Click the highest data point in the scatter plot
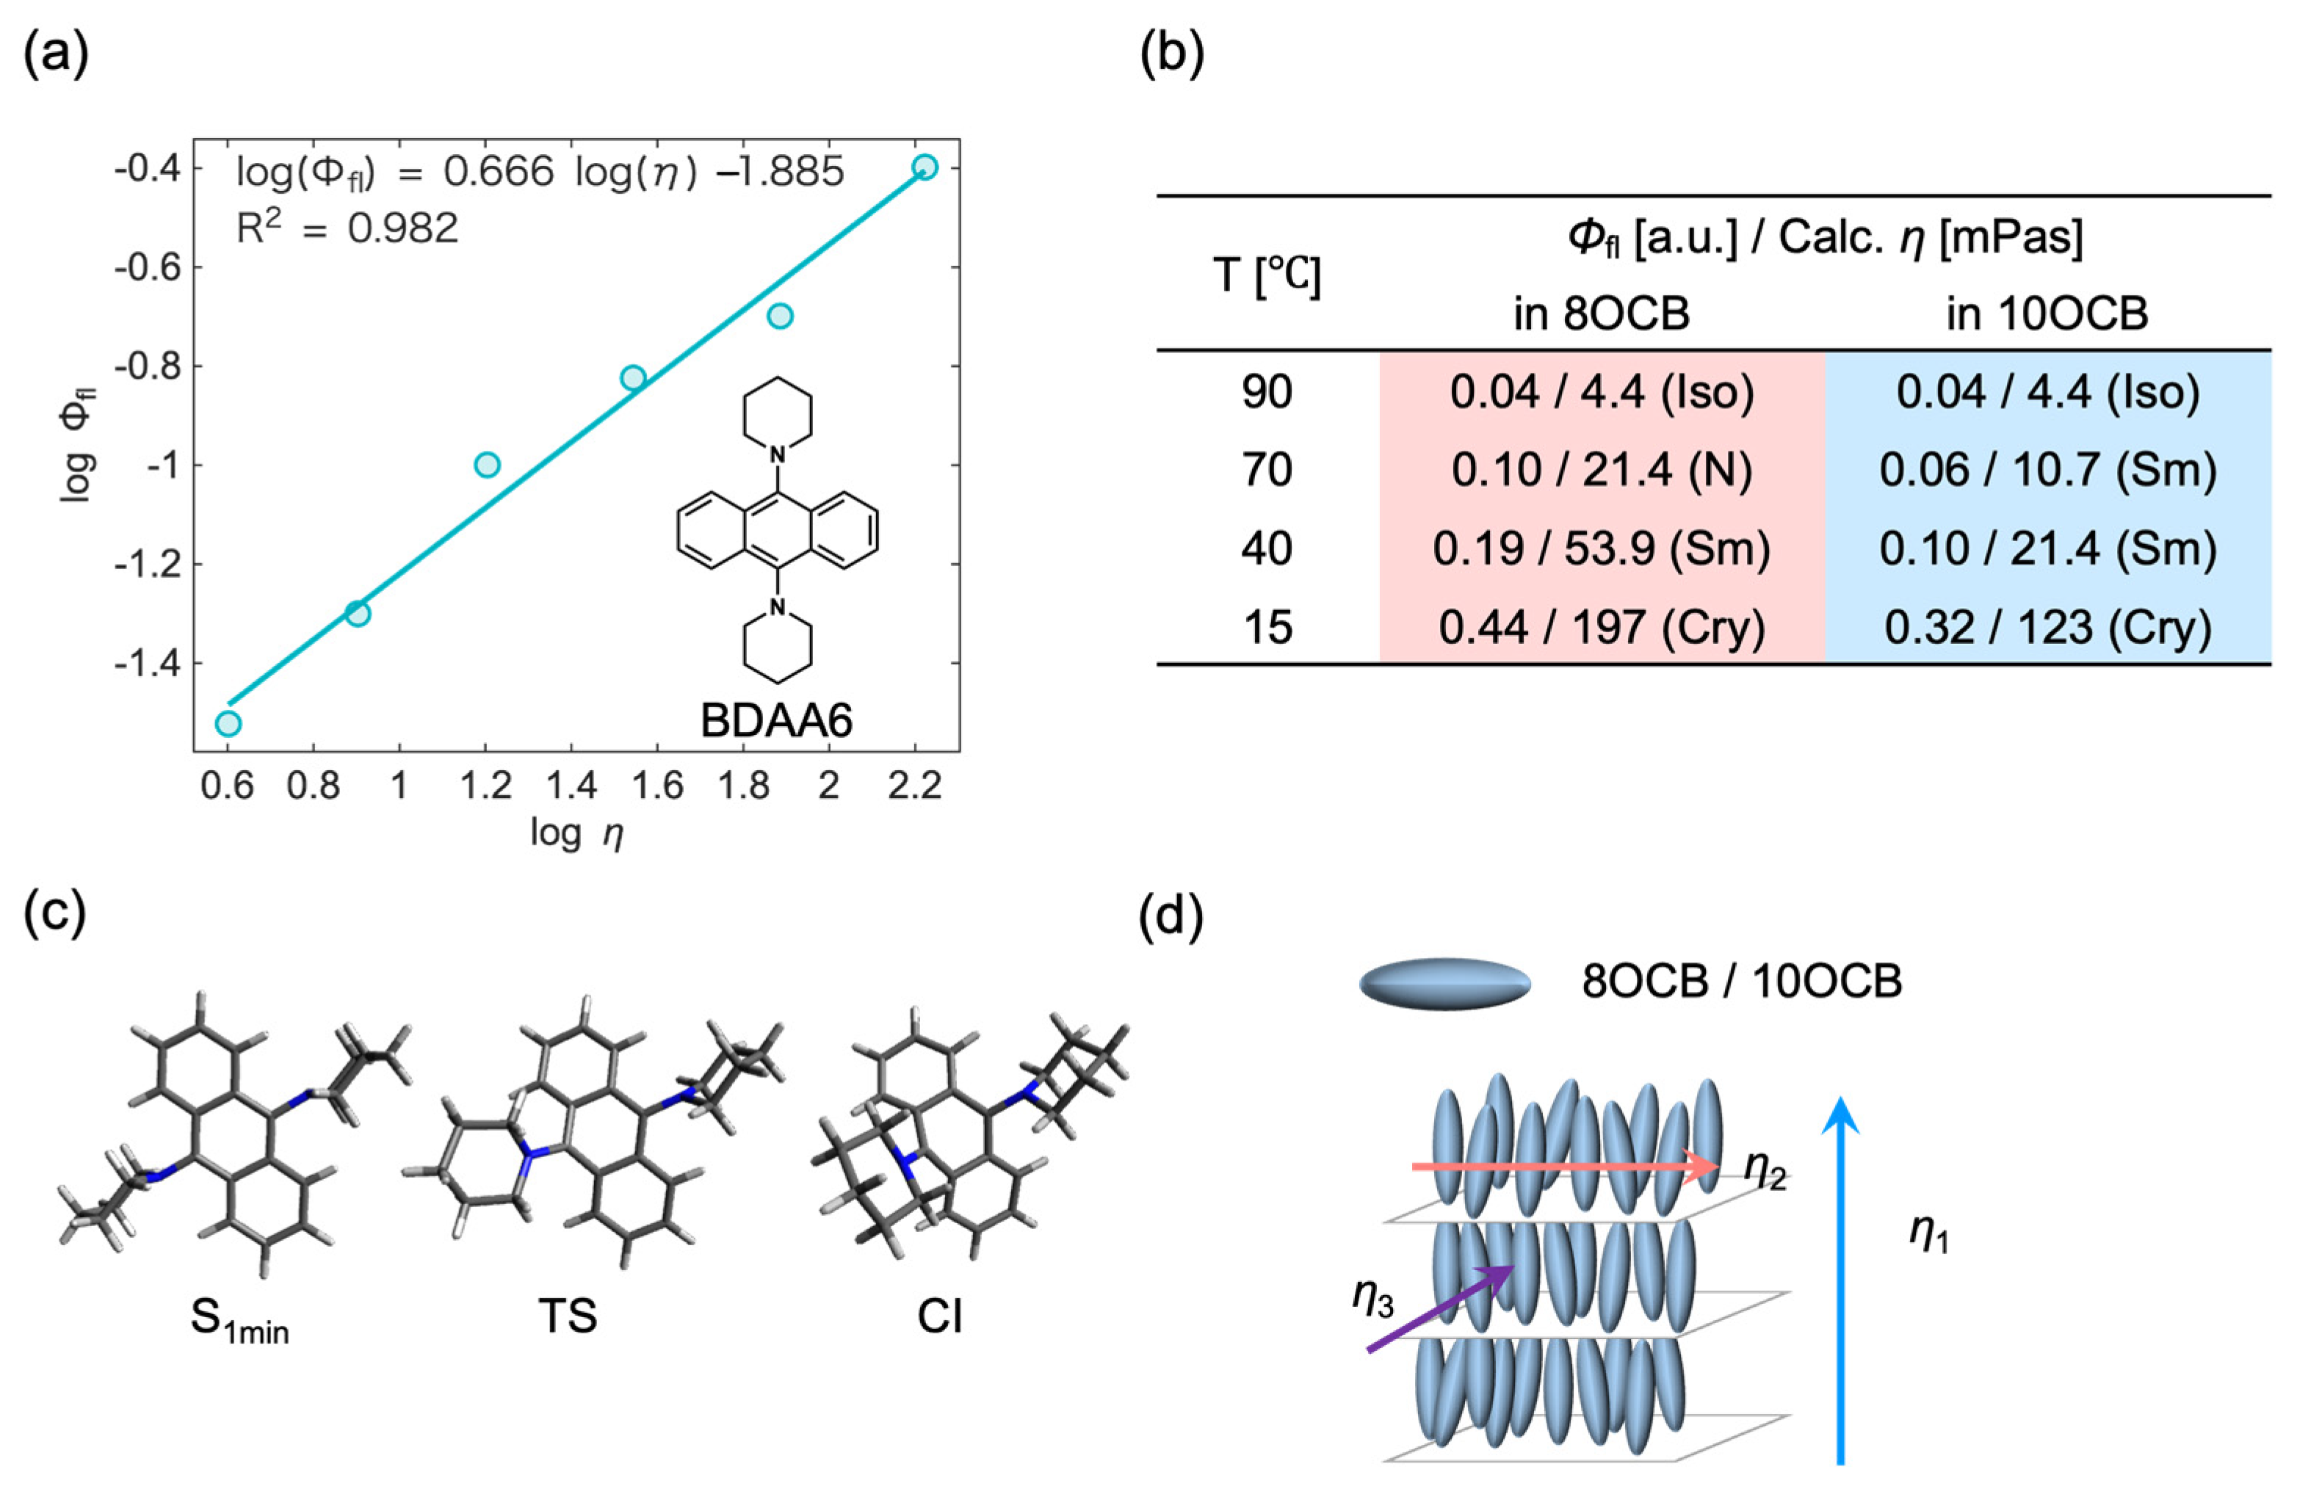click(925, 167)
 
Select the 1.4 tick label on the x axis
click(571, 786)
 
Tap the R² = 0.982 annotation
click(347, 228)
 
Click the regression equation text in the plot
click(540, 173)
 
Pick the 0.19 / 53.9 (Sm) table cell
click(1601, 548)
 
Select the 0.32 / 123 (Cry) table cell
click(2047, 627)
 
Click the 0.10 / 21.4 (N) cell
click(1601, 470)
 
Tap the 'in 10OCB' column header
click(2047, 313)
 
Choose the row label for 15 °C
click(1267, 627)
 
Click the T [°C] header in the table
click(1267, 275)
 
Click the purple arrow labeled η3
click(1438, 1309)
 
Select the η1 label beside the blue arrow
click(1929, 1234)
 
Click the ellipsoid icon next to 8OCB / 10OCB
click(1444, 985)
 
